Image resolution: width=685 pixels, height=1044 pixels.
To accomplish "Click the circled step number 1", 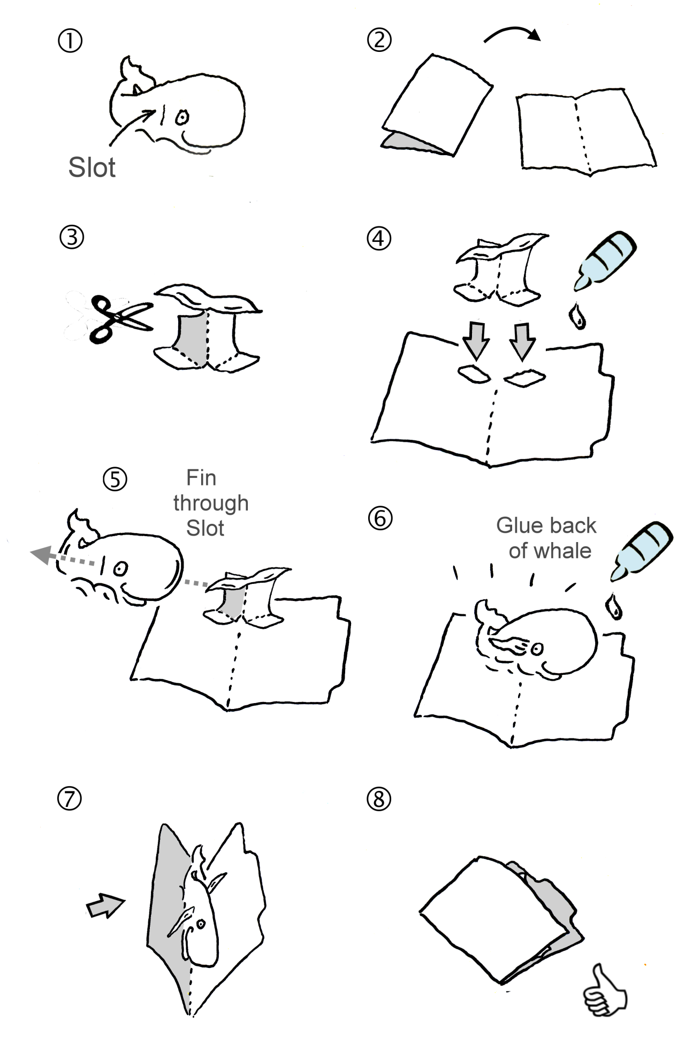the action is [x=70, y=41].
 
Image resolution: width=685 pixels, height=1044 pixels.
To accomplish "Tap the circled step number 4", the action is [x=379, y=238].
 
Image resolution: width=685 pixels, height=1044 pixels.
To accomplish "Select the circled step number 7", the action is [x=70, y=799].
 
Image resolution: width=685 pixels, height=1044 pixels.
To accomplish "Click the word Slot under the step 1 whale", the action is [x=92, y=167].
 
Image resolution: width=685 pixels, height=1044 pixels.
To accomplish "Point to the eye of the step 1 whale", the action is [x=182, y=117].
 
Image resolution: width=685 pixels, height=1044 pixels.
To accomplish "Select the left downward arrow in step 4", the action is [x=476, y=341].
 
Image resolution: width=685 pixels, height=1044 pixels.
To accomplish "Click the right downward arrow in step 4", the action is [x=523, y=341].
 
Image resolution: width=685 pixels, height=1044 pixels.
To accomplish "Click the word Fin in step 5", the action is [x=201, y=478].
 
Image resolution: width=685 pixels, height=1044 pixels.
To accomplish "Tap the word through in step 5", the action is [x=211, y=504].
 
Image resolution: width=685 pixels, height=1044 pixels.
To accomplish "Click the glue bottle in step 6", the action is [x=642, y=551].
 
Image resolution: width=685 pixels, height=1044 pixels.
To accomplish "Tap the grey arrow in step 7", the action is [x=105, y=906].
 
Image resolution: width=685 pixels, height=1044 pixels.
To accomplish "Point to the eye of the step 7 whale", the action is [x=201, y=924].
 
